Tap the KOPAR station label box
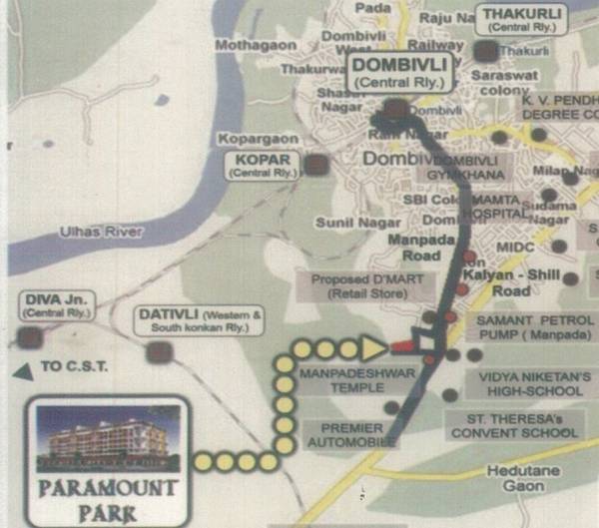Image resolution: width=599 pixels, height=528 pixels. [x=257, y=165]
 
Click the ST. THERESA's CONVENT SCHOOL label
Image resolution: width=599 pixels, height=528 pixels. [x=513, y=426]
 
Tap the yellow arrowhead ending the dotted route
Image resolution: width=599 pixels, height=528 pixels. [x=372, y=348]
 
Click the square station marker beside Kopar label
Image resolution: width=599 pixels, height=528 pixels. [x=317, y=165]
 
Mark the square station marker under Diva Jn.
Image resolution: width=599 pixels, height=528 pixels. [x=31, y=338]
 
